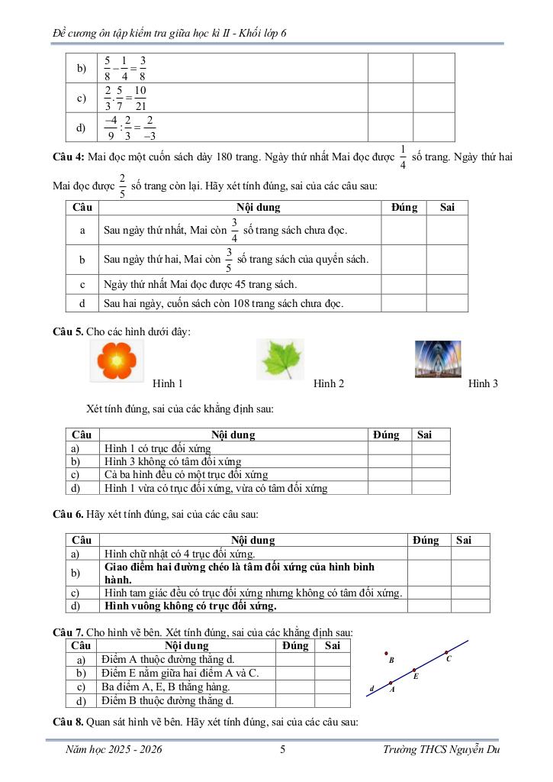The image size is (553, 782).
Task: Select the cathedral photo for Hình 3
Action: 438,359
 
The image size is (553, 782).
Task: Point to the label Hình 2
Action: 329,383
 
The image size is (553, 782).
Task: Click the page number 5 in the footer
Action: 282,750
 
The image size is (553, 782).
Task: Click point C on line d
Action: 446,653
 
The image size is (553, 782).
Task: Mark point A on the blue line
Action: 391,683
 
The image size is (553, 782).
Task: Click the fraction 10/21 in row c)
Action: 140,98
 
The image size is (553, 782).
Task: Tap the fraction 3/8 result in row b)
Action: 143,68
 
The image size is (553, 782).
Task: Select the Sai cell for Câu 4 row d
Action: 448,304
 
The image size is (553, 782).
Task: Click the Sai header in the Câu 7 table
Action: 332,646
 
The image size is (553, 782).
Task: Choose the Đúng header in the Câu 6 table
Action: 426,540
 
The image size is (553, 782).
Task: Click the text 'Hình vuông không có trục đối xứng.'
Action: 191,606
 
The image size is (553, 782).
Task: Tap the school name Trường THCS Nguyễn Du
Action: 442,750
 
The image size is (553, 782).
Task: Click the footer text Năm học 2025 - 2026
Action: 114,750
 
